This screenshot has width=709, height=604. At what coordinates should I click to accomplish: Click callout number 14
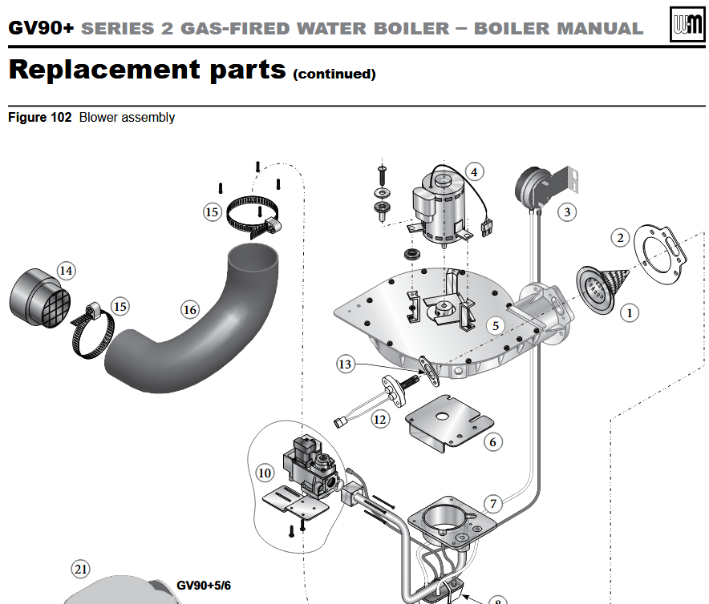pyautogui.click(x=66, y=271)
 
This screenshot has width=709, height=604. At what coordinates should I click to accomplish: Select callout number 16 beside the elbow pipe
pyautogui.click(x=189, y=310)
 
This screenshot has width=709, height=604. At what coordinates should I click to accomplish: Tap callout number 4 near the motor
pyautogui.click(x=474, y=171)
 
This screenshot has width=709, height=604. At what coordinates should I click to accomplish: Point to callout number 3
pyautogui.click(x=568, y=211)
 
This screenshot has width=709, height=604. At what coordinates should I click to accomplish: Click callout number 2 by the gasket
pyautogui.click(x=619, y=237)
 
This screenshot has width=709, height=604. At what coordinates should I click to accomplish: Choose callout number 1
pyautogui.click(x=630, y=312)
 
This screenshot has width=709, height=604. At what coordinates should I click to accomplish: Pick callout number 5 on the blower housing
pyautogui.click(x=496, y=325)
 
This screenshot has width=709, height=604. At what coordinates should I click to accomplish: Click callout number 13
pyautogui.click(x=345, y=364)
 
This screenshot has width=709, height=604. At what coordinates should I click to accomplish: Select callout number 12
pyautogui.click(x=379, y=418)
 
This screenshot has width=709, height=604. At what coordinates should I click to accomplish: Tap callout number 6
pyautogui.click(x=493, y=441)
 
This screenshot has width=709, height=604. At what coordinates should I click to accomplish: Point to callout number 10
pyautogui.click(x=265, y=473)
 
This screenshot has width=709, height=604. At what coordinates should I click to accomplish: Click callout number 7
pyautogui.click(x=493, y=504)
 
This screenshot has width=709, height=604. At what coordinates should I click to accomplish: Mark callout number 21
pyautogui.click(x=80, y=570)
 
